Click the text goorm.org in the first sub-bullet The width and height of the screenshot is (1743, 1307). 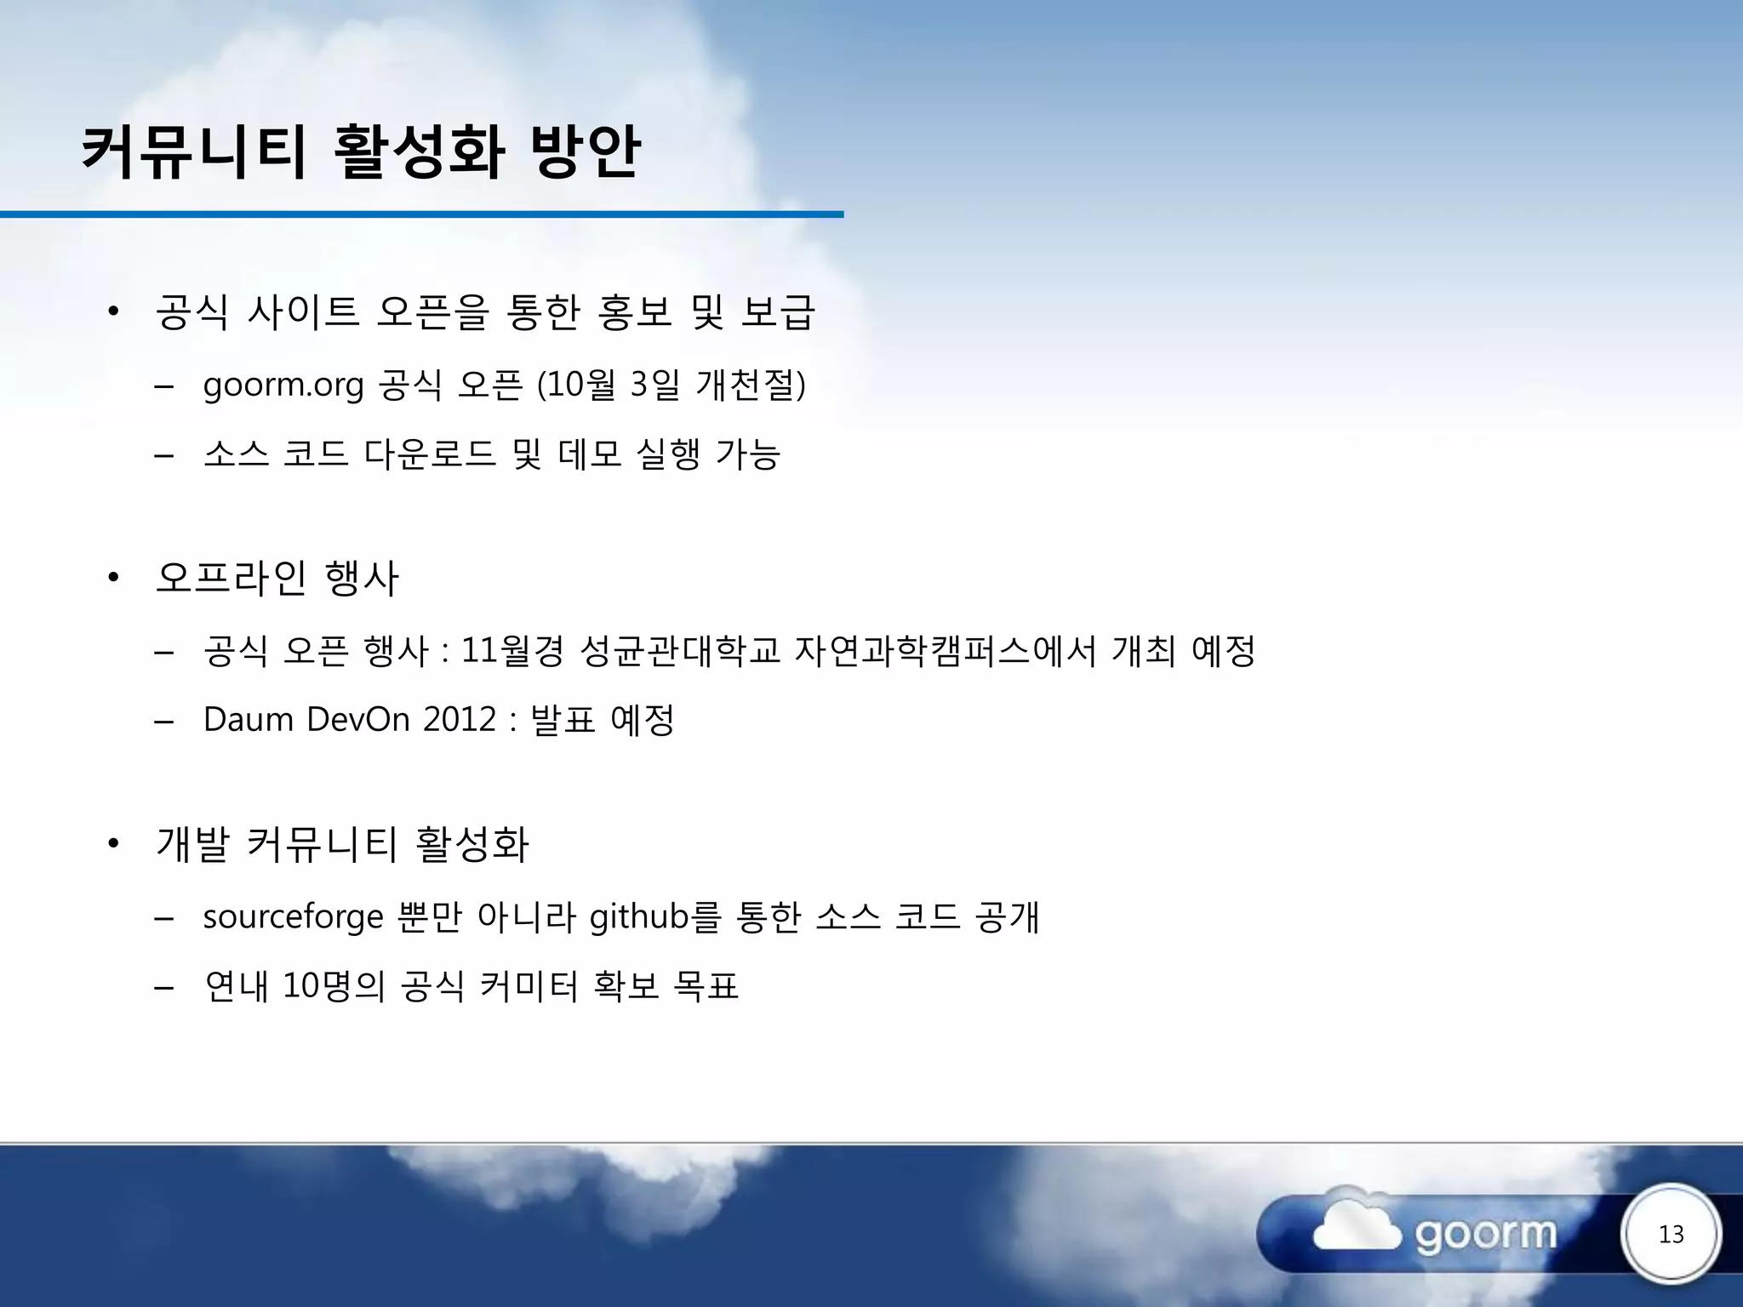283,385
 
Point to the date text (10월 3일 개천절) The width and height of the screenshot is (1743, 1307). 671,385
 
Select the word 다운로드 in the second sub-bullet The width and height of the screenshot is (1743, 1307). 430,454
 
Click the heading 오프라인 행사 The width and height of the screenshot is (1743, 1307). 277,578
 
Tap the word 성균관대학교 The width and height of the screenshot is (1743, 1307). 679,651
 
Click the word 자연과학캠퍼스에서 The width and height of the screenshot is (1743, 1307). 945,651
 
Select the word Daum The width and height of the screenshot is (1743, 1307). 248,720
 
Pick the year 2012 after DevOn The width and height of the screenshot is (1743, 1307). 460,720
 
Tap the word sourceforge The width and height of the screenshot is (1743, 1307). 293,917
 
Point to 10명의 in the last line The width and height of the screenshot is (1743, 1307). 334,986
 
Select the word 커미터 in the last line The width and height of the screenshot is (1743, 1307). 529,986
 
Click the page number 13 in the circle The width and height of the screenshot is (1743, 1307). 1671,1234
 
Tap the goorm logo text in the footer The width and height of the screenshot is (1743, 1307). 1486,1234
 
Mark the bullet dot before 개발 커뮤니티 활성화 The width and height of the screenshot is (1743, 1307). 113,845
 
